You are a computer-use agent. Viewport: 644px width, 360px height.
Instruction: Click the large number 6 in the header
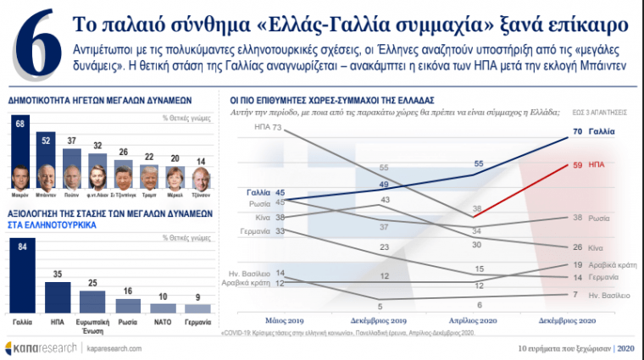pyautogui.click(x=32, y=49)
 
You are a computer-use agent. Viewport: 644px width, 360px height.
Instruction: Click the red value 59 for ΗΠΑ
pyautogui.click(x=579, y=164)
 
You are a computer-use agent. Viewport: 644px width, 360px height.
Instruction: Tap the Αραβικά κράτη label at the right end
pyautogui.click(x=609, y=265)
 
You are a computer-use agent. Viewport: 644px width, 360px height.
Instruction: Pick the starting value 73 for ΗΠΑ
pyautogui.click(x=276, y=127)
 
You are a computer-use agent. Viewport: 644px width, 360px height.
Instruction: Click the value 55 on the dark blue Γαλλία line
pyautogui.click(x=479, y=164)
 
